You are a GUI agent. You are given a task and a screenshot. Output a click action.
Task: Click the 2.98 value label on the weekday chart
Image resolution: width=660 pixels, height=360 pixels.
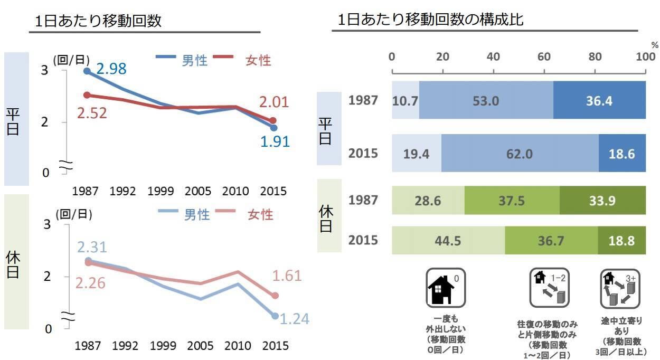pyautogui.click(x=111, y=69)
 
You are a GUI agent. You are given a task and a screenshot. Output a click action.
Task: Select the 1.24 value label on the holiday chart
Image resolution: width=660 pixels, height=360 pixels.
pyautogui.click(x=294, y=319)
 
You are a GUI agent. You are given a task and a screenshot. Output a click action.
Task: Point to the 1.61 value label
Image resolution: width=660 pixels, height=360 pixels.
pyautogui.click(x=287, y=276)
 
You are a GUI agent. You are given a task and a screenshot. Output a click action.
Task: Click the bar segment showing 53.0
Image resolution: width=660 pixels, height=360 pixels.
pyautogui.click(x=486, y=100)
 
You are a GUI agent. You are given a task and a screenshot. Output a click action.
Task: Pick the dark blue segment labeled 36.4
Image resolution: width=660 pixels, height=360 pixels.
pyautogui.click(x=599, y=100)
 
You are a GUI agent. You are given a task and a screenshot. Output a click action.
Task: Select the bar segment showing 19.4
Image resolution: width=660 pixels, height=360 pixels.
pyautogui.click(x=417, y=154)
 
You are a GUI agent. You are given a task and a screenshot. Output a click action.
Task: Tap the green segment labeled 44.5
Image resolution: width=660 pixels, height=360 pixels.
pyautogui.click(x=448, y=241)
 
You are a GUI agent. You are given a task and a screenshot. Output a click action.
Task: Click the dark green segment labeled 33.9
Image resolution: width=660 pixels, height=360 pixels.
pyautogui.click(x=602, y=201)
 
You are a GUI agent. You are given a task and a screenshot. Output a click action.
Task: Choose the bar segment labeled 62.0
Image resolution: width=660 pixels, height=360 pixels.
pyautogui.click(x=520, y=154)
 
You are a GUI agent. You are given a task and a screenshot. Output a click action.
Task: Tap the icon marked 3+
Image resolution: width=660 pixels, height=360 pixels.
pyautogui.click(x=620, y=288)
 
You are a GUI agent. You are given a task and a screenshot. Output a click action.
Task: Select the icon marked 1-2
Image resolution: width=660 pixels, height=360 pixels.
pyautogui.click(x=549, y=288)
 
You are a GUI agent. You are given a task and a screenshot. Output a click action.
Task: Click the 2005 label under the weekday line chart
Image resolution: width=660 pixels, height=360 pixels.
pyautogui.click(x=198, y=191)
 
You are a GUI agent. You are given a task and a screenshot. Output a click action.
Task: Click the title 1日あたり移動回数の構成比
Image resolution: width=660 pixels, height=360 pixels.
pyautogui.click(x=430, y=20)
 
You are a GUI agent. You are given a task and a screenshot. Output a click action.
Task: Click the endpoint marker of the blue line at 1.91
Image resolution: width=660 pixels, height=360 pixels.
pyautogui.click(x=274, y=128)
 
